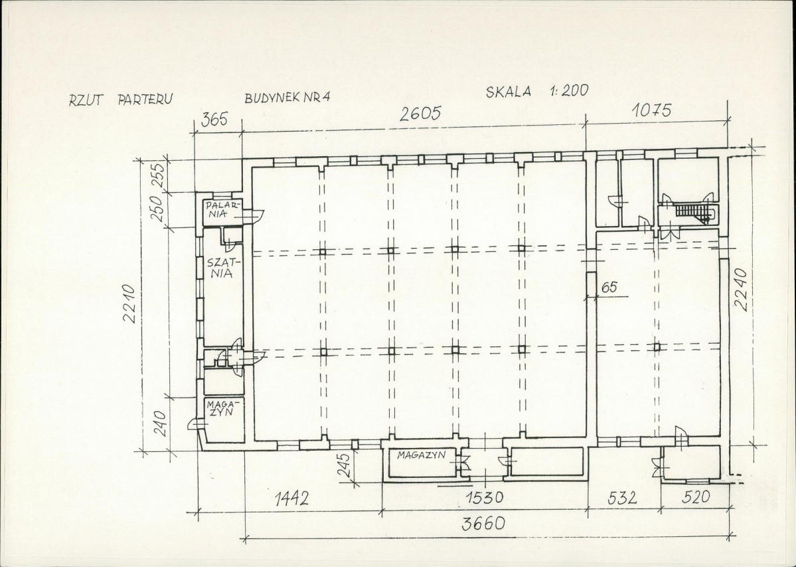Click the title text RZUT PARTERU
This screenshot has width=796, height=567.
click(120, 99)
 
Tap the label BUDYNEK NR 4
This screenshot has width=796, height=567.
click(287, 97)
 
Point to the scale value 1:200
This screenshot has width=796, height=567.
click(568, 90)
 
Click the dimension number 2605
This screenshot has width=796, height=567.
click(420, 113)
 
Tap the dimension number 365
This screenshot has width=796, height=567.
click(215, 120)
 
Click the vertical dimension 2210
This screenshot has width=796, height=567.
click(130, 303)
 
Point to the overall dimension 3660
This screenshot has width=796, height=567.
click(483, 523)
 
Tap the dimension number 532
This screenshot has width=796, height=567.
click(622, 497)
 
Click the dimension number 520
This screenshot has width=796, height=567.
click(696, 497)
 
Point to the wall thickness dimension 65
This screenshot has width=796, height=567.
click(609, 288)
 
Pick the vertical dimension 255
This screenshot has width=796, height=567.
click(159, 173)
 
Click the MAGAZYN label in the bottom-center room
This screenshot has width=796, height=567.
click(421, 455)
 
